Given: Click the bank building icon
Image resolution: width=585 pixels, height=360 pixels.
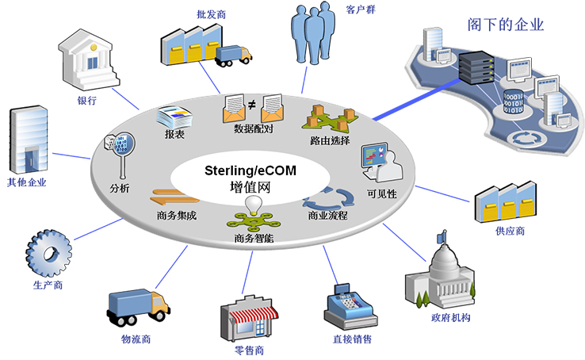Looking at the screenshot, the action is click(89, 61).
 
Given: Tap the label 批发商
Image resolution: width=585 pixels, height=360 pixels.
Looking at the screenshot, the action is click(211, 14).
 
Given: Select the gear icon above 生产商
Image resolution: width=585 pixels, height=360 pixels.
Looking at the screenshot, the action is click(49, 253).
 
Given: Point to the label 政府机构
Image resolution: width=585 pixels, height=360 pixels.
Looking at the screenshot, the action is click(451, 317).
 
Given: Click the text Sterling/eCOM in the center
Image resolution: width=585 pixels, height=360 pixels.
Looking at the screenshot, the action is click(250, 170).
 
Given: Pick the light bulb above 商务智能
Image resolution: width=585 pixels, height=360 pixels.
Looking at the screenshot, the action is click(254, 205).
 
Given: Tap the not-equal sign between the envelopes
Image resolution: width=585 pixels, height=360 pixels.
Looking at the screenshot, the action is click(252, 105).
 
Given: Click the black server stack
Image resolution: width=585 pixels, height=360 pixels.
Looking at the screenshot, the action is click(476, 67).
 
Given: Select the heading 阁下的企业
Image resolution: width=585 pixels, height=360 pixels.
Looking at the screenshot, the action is click(506, 25).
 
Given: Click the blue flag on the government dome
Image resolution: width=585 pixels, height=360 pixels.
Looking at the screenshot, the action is click(442, 236).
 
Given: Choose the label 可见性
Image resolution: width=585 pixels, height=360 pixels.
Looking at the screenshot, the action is click(382, 193).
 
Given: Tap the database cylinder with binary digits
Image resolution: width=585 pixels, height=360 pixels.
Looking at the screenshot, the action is click(514, 101).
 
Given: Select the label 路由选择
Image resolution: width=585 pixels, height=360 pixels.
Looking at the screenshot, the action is click(330, 140).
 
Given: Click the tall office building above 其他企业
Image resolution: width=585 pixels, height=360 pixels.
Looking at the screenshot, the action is click(29, 140).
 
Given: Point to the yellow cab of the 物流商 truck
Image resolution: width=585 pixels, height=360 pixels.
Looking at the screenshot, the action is click(160, 303).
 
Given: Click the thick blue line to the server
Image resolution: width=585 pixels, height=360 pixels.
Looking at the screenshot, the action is click(417, 100).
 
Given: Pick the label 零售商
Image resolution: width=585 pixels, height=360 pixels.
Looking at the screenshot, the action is click(249, 350).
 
